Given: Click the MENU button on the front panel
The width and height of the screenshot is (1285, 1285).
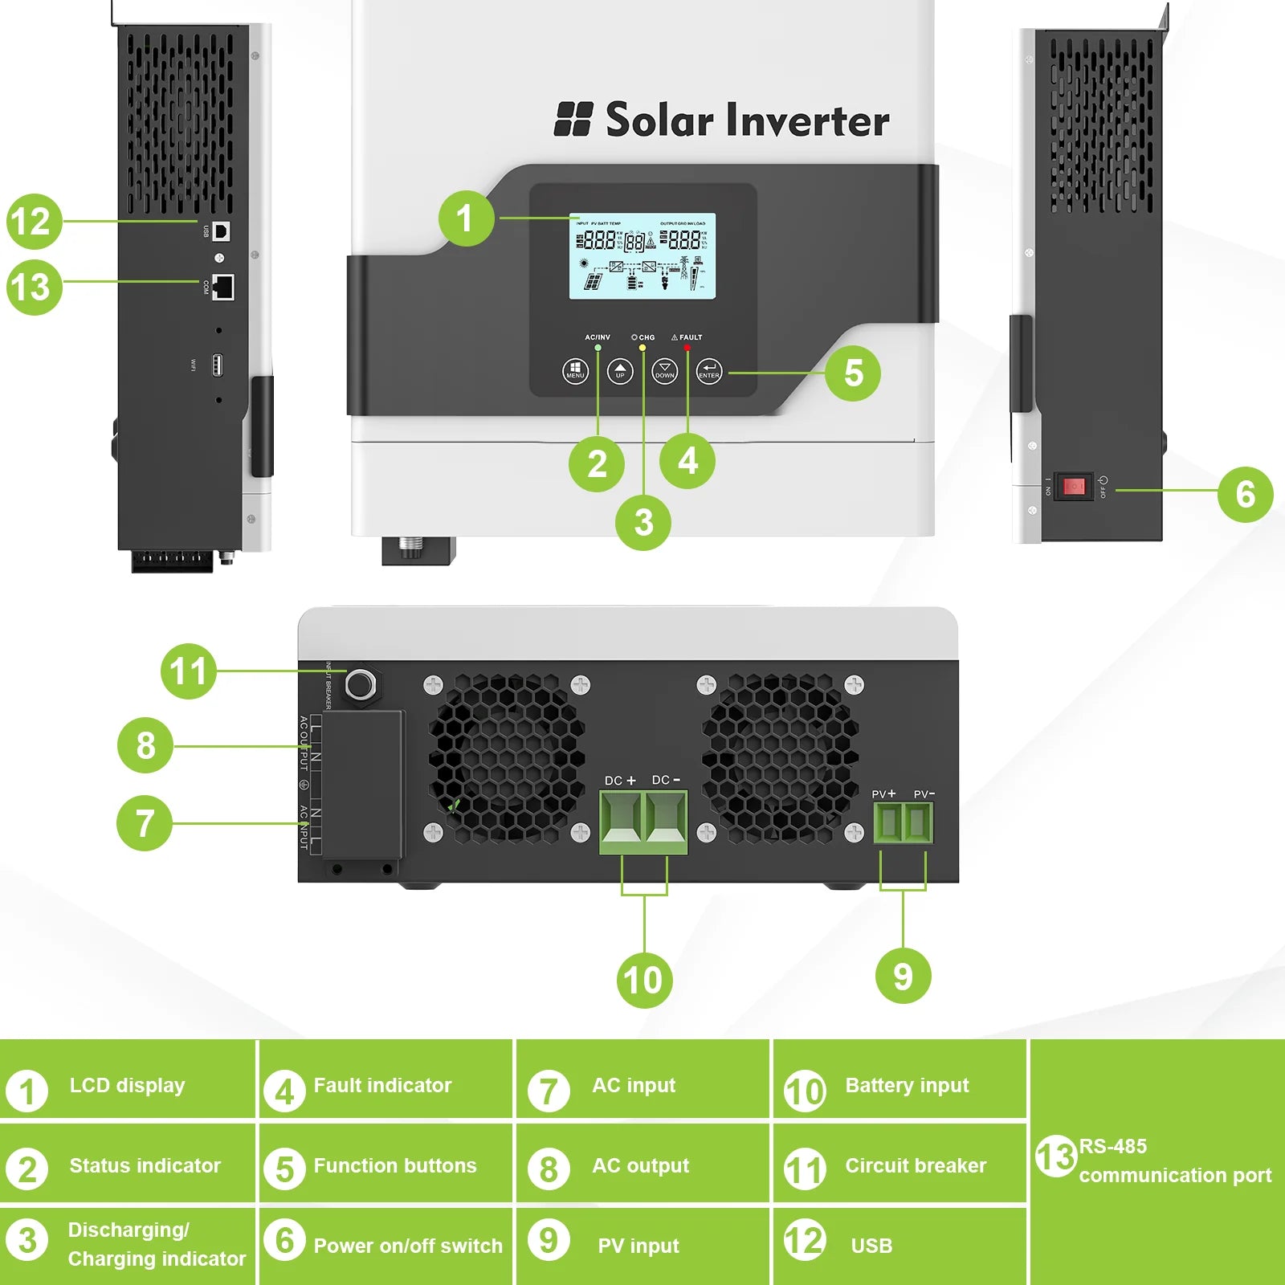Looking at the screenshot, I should (575, 372).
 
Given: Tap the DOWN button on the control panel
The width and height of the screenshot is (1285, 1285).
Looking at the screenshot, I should (664, 372).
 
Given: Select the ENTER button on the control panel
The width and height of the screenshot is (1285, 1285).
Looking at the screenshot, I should (709, 372).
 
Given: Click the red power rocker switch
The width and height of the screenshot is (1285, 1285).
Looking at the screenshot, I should (1074, 487).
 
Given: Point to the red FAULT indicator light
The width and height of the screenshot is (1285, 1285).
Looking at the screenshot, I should (687, 348).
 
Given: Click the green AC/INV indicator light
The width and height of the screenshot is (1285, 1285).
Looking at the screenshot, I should (598, 348).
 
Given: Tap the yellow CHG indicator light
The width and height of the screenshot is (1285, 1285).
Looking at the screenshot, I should (642, 348).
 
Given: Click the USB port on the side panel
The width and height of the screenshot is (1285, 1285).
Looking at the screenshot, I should (222, 231).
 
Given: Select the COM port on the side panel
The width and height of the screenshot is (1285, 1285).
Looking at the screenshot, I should (223, 286).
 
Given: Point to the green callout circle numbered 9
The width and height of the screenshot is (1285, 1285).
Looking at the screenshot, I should (903, 977).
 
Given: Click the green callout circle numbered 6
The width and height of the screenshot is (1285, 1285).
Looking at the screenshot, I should (1245, 494).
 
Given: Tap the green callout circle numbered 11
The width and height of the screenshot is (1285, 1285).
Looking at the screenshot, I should (189, 671).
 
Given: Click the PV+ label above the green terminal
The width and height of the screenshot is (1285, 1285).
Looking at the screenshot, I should (883, 794).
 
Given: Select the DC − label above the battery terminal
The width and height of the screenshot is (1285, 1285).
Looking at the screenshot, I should (666, 780).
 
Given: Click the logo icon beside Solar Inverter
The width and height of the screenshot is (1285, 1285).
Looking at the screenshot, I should (573, 119).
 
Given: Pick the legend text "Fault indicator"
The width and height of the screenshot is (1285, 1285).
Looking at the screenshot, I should (382, 1086).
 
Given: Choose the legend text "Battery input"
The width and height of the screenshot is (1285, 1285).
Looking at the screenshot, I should (907, 1086).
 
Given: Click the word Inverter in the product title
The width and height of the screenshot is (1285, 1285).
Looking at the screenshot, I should (807, 120).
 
